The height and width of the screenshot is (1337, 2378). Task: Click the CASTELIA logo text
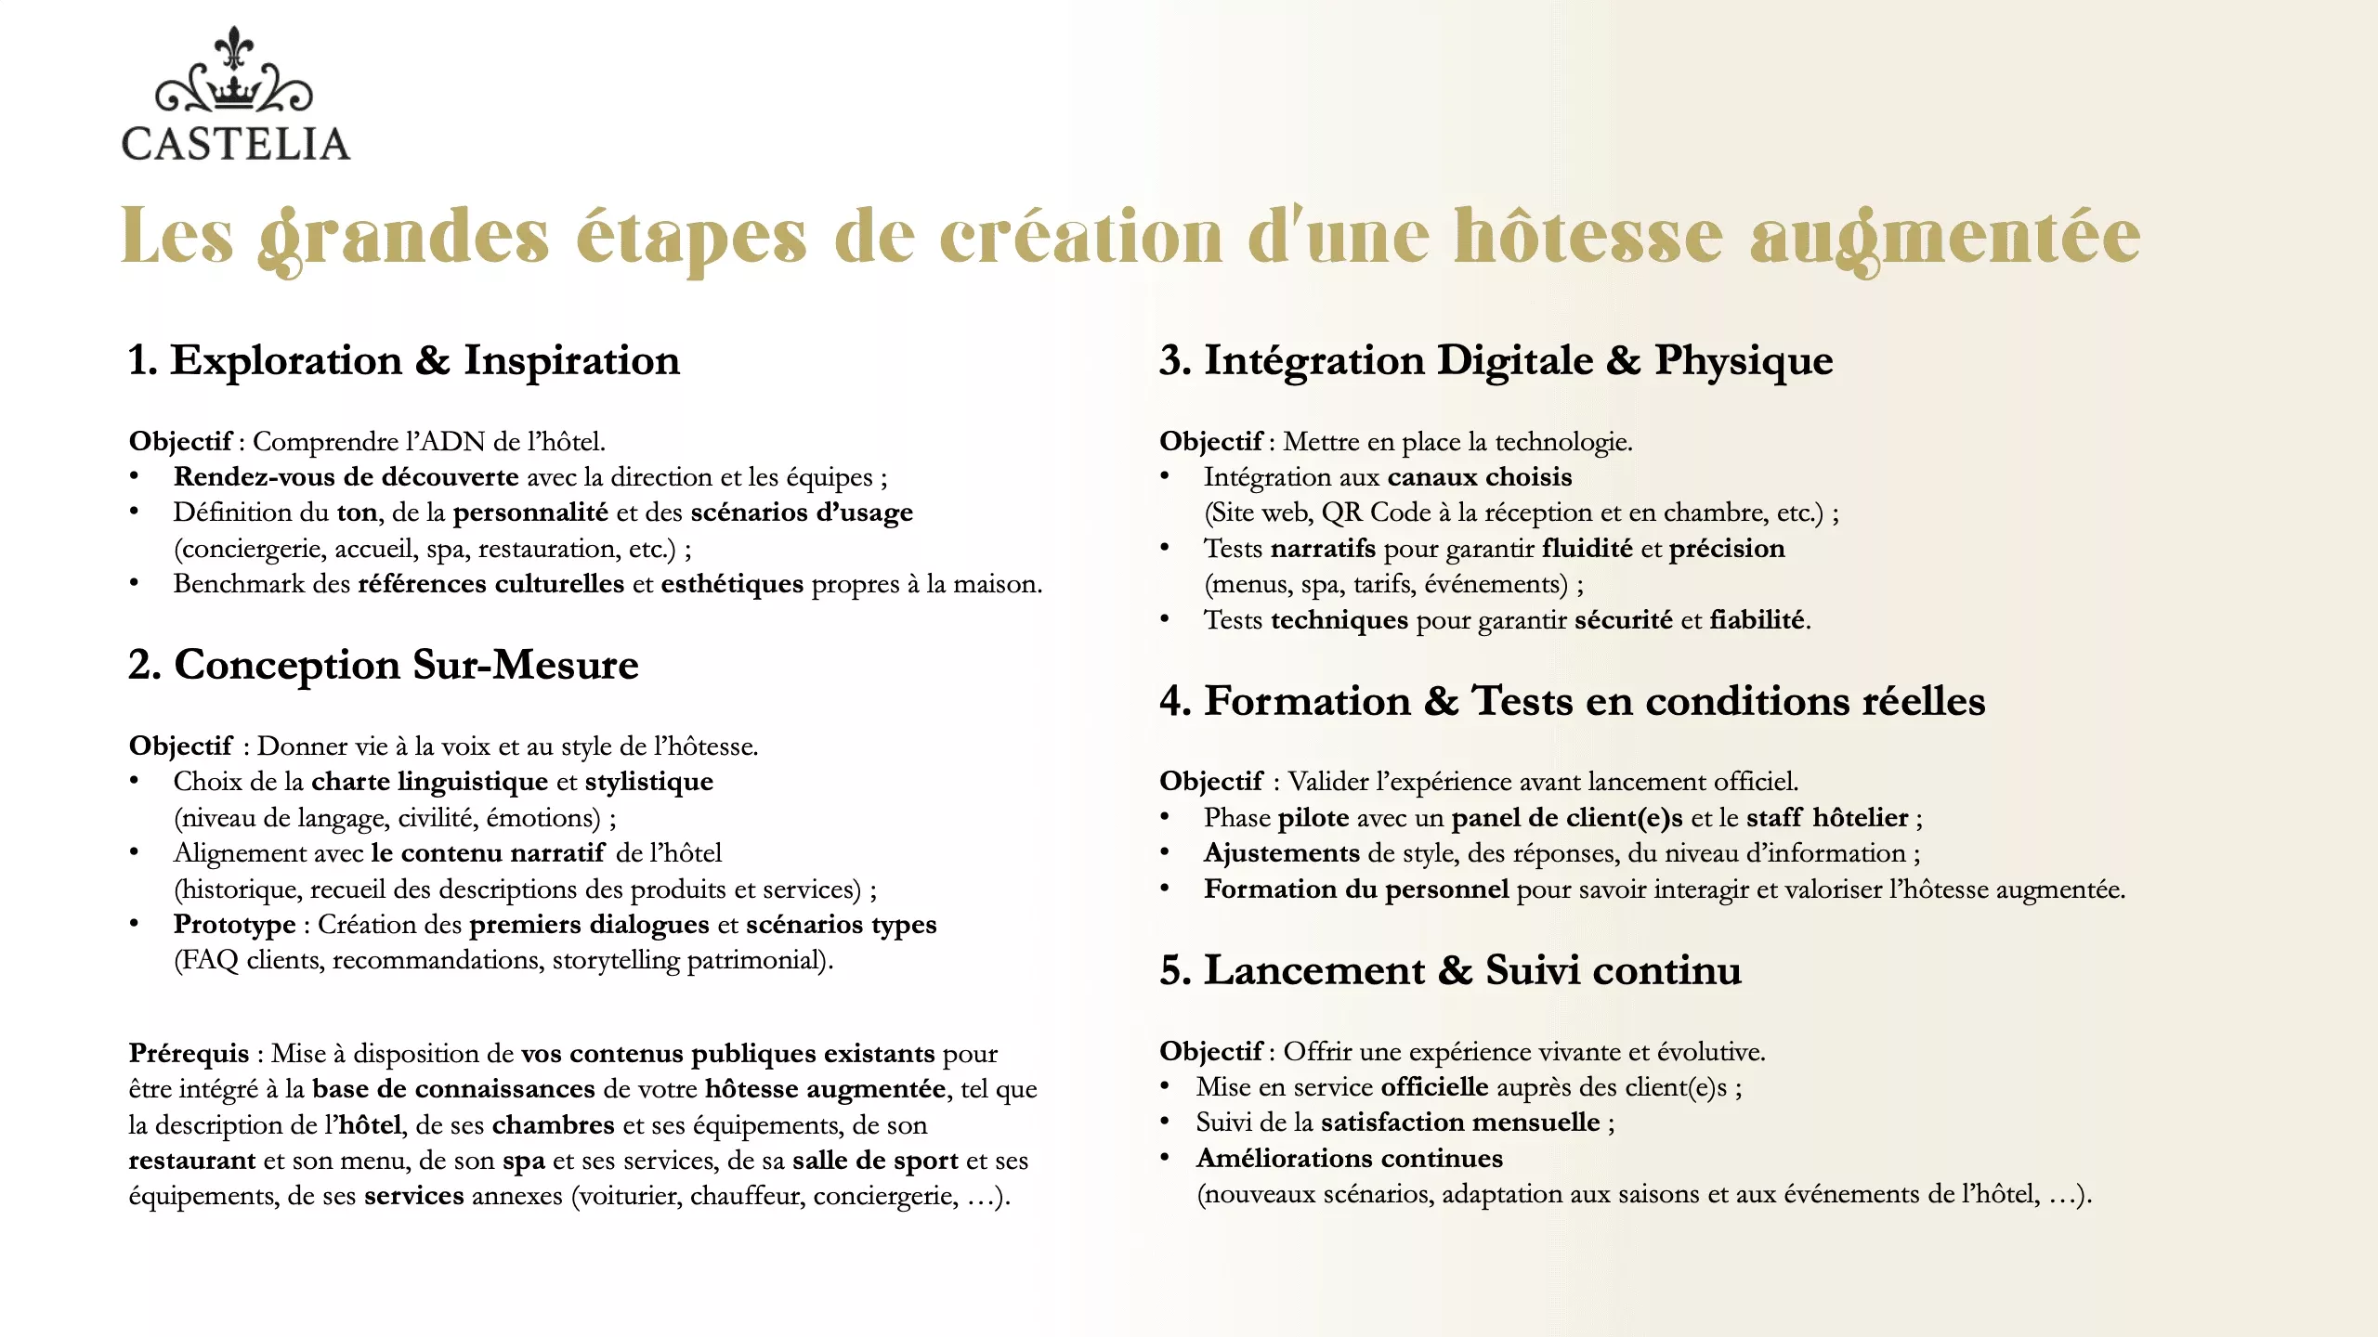pos(236,144)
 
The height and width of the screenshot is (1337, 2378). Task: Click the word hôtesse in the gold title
pos(1588,237)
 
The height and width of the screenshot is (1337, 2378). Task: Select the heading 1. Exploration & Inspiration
pos(404,360)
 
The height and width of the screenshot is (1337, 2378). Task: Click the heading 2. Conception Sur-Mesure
pos(384,665)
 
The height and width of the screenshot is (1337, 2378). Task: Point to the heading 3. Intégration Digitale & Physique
pos(1496,360)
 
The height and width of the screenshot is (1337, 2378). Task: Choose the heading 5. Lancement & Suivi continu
pos(1450,970)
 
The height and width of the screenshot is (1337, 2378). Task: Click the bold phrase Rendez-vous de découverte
pos(346,477)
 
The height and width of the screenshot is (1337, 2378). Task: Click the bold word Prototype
pos(234,925)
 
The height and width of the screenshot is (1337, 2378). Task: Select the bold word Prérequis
pos(189,1054)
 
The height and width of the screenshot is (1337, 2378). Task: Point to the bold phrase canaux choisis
pos(1480,477)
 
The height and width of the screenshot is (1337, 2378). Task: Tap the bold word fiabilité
pos(1757,620)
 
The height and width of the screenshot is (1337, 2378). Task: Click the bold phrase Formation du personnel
pos(1356,889)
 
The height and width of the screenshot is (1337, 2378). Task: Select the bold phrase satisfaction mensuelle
pos(1460,1123)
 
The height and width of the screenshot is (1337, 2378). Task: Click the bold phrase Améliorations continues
pos(1349,1159)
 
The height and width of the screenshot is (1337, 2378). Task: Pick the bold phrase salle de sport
pos(875,1161)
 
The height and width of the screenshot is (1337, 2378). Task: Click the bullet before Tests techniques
pos(1165,619)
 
